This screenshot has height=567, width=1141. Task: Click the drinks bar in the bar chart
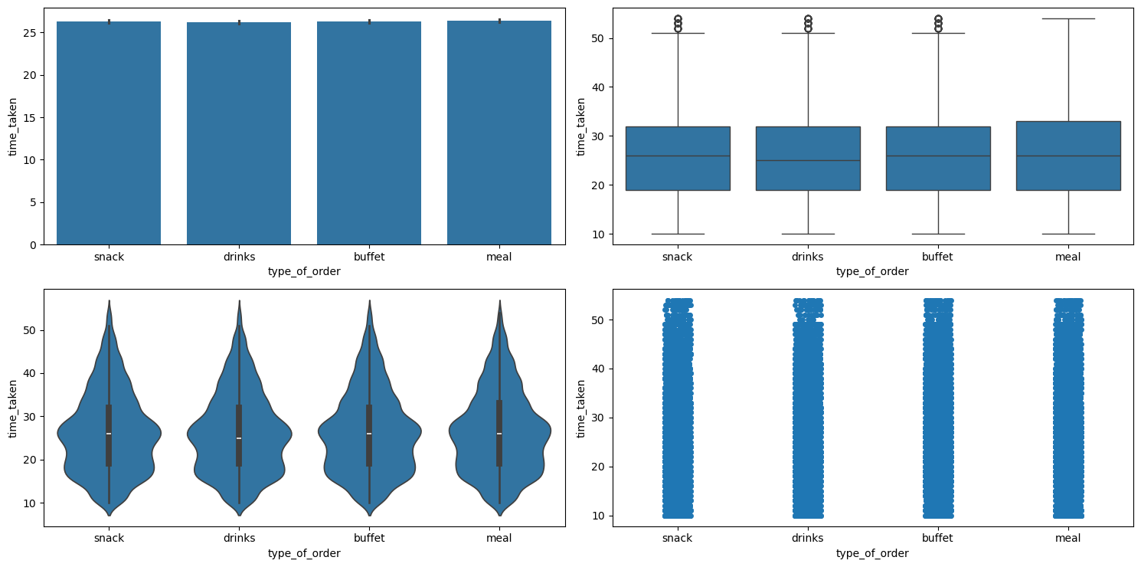(x=239, y=134)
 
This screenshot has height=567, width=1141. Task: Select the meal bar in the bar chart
(x=499, y=134)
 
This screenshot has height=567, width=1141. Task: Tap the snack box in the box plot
(x=678, y=159)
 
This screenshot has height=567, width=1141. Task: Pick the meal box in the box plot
(x=1068, y=156)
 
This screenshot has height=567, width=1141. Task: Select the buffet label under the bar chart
(x=369, y=257)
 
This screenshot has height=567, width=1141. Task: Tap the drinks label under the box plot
(x=808, y=257)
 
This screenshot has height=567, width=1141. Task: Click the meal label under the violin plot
(x=499, y=538)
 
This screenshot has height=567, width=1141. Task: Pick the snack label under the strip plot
(x=678, y=538)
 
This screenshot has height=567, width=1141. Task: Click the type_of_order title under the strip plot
(x=872, y=552)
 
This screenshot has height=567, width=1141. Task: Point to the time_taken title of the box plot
(x=581, y=126)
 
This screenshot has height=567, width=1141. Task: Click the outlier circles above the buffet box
(x=938, y=23)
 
